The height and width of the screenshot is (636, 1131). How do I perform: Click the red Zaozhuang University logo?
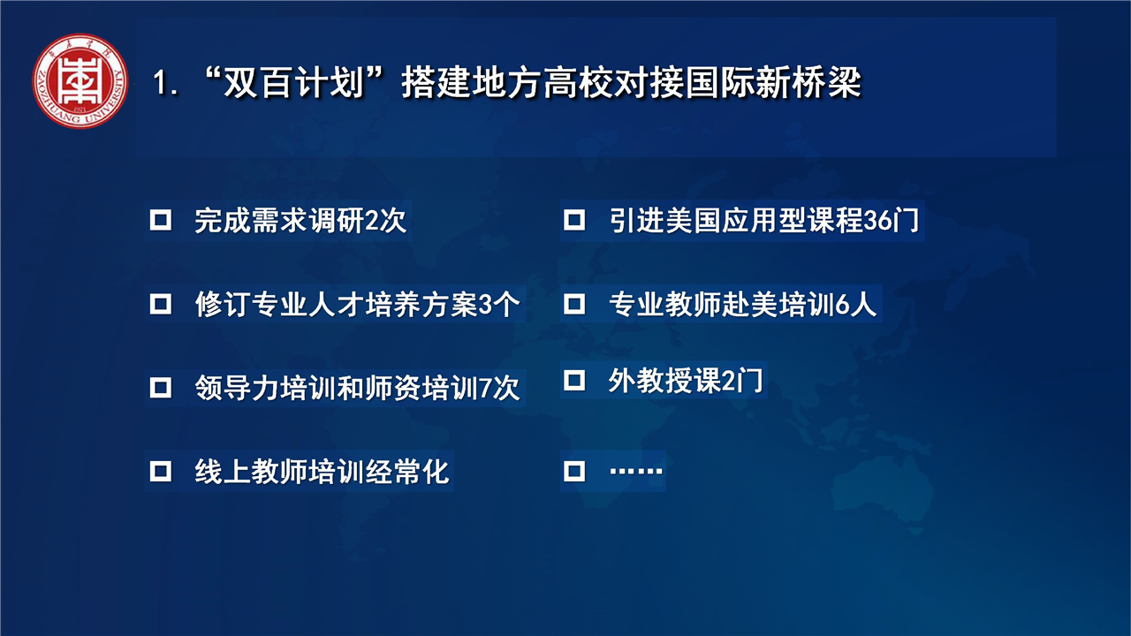pos(80,80)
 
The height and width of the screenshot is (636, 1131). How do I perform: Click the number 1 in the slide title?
pos(161,83)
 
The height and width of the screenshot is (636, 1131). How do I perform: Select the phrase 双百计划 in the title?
pos(293,82)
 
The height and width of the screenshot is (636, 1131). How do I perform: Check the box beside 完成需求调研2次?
pos(161,220)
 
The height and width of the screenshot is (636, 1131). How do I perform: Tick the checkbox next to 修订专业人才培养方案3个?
pos(161,304)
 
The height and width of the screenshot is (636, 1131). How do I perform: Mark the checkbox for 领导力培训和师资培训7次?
pos(161,388)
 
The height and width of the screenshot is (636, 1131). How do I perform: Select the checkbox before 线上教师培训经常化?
pos(161,471)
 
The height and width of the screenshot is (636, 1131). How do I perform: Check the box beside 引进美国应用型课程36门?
pos(574,220)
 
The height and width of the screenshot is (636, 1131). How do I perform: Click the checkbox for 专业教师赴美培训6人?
pos(574,304)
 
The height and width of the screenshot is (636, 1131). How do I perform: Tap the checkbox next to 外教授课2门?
pos(574,380)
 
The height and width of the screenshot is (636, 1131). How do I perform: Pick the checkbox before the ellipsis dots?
pos(574,471)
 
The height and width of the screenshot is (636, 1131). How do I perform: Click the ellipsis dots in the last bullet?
pos(635,472)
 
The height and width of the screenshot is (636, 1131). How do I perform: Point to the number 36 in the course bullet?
pos(878,221)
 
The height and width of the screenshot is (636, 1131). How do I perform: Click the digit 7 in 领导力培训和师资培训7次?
pos(485,388)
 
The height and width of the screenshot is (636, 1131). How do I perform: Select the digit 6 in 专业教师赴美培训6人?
pos(842,305)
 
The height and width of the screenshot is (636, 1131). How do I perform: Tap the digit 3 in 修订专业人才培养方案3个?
pos(484,305)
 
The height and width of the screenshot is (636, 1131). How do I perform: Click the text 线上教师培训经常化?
pos(322,472)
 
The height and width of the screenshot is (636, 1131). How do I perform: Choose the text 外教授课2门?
pos(685,380)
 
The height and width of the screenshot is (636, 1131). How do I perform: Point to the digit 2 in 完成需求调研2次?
pos(371,221)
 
